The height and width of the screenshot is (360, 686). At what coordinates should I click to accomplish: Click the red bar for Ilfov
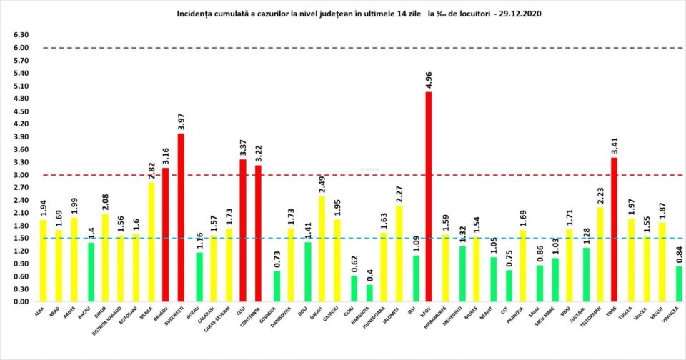click(429, 196)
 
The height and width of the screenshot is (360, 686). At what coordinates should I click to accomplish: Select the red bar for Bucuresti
click(181, 217)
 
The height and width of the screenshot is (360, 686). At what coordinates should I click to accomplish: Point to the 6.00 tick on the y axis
click(20, 48)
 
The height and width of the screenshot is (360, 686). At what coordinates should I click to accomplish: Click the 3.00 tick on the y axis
click(20, 175)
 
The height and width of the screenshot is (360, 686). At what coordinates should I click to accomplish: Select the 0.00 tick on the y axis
click(20, 301)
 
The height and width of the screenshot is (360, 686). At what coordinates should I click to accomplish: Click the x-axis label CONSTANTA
click(254, 317)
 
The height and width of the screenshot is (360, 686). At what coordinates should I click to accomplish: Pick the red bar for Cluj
click(243, 230)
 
